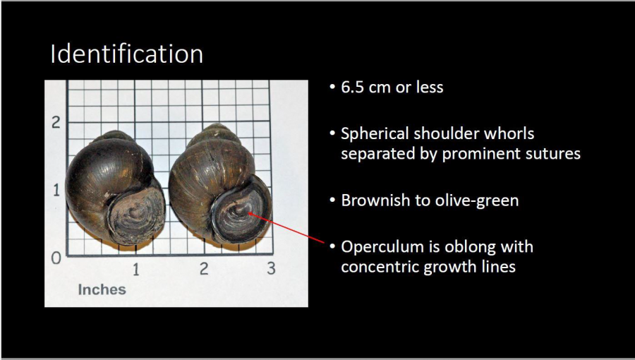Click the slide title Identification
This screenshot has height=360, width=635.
coord(126,54)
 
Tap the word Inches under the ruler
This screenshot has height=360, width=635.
coord(102,289)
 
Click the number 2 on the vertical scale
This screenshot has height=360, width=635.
coord(56,122)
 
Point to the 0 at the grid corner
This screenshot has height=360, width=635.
coord(56,258)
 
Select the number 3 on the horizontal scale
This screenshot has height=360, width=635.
coord(272,268)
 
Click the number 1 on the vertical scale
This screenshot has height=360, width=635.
coord(56,190)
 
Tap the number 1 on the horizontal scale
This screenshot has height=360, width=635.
coord(135,269)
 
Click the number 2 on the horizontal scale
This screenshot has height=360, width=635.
coord(204,268)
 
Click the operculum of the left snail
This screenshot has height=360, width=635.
coord(136,215)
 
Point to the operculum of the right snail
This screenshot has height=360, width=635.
coord(241,208)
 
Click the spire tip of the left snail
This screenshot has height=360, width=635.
coord(115,133)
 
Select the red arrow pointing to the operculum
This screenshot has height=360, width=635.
coord(286,227)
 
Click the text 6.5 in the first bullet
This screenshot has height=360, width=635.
coord(352,87)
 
